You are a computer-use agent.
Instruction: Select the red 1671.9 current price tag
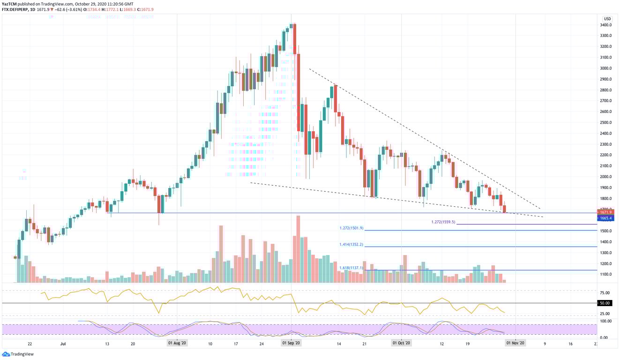click(x=607, y=212)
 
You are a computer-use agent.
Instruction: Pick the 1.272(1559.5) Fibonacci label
click(x=442, y=222)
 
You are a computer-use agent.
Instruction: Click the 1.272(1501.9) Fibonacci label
click(x=351, y=228)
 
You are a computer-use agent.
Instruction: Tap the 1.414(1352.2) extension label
click(x=351, y=245)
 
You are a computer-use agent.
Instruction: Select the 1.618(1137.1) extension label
click(x=351, y=268)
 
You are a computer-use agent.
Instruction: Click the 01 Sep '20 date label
click(x=291, y=344)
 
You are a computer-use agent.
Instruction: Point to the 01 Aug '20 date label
click(x=177, y=344)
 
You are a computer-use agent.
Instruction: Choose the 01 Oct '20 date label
click(x=402, y=344)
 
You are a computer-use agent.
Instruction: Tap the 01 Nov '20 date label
click(x=515, y=344)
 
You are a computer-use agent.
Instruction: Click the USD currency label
click(x=607, y=19)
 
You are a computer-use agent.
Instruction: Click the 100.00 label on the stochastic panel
click(x=604, y=321)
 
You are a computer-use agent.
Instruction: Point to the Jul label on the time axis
click(x=63, y=344)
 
